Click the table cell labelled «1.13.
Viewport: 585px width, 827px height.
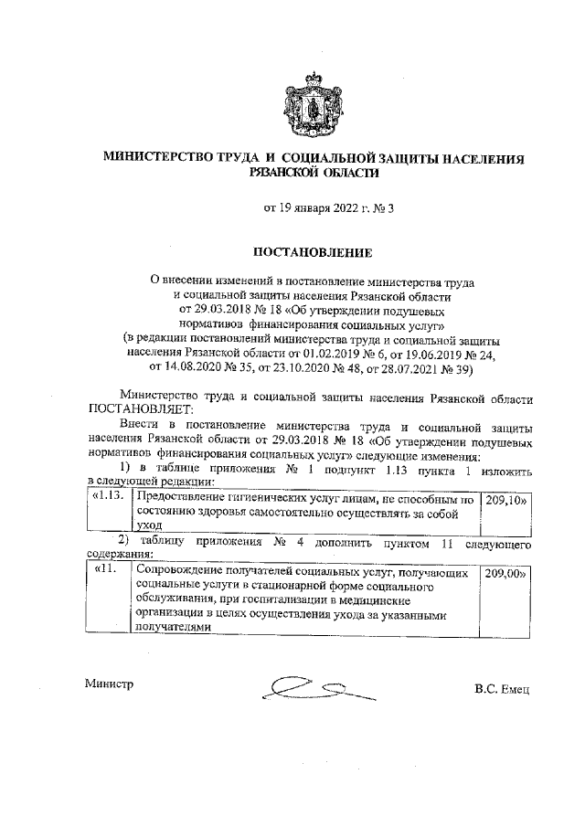[x=108, y=501]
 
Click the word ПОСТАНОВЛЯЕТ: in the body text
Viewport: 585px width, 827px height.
[x=135, y=410]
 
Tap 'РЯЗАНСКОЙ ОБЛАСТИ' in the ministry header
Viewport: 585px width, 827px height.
[x=314, y=171]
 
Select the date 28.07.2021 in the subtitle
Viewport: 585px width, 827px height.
[x=438, y=369]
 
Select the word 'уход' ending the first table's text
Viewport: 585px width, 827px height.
[x=149, y=527]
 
